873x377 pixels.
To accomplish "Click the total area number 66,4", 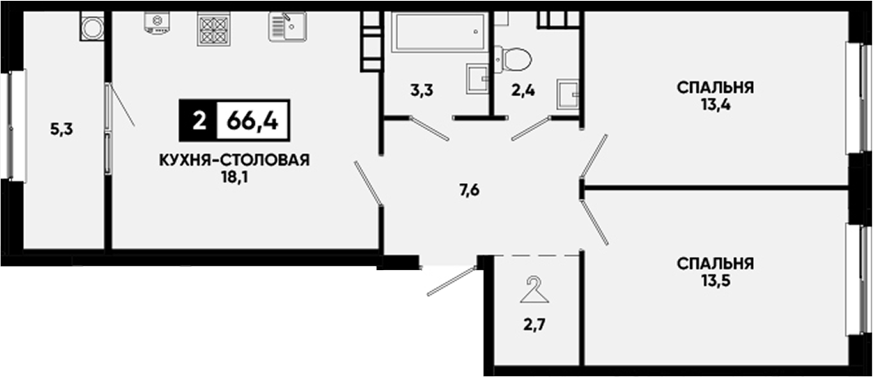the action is click(252, 120).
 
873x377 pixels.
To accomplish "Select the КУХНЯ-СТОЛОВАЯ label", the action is click(234, 161).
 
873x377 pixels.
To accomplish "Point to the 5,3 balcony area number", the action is click(62, 130).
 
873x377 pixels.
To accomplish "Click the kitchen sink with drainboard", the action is click(287, 27).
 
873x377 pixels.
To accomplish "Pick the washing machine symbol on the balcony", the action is click(92, 27).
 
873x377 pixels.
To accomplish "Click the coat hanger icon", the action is click(535, 290).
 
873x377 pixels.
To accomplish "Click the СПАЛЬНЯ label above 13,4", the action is click(716, 88).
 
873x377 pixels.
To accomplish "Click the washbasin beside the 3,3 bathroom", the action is click(477, 79).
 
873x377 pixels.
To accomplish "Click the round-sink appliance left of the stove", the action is click(157, 23).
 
